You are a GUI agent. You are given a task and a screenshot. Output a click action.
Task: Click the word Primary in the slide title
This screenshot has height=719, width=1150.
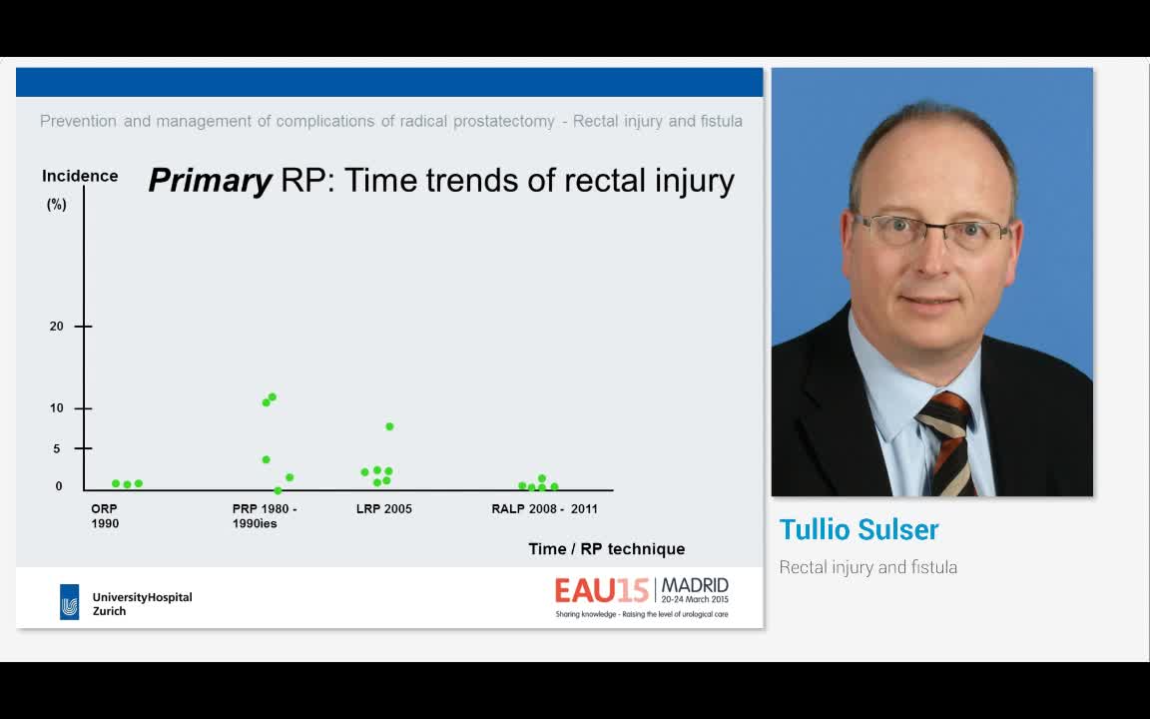(210, 181)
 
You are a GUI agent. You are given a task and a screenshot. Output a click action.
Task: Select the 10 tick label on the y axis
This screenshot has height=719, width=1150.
(57, 408)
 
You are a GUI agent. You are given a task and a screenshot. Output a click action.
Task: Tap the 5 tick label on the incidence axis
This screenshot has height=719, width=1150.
(57, 449)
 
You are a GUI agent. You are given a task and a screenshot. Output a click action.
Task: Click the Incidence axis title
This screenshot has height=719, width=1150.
(80, 176)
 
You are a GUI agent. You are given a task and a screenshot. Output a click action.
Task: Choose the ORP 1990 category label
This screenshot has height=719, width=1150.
(105, 515)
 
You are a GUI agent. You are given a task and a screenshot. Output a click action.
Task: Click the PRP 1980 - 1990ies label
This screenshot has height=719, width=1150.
(265, 515)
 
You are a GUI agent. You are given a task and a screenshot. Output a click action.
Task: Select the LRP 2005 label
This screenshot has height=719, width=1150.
(383, 509)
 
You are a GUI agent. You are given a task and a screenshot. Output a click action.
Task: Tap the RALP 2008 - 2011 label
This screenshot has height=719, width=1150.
(544, 509)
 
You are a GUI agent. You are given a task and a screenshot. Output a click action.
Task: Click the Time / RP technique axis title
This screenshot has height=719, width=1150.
(606, 549)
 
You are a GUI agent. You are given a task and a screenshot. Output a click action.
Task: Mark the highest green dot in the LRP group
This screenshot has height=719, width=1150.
(389, 426)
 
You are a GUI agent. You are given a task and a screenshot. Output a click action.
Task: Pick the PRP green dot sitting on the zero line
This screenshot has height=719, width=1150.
(278, 490)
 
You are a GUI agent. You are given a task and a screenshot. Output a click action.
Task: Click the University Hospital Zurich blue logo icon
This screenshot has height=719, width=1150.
(69, 602)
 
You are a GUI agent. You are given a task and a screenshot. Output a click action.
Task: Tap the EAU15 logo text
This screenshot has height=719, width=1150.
(601, 590)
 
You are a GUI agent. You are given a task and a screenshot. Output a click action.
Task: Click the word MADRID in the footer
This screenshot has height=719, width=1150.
(695, 585)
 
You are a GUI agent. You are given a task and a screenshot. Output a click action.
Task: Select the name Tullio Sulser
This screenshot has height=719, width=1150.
(859, 530)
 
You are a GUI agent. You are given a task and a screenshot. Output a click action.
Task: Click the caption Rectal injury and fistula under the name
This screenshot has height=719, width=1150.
(867, 567)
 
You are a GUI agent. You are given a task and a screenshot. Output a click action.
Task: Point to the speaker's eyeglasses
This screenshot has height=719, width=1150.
(930, 231)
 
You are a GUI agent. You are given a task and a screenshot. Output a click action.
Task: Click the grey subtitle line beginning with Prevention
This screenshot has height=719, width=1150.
(390, 121)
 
